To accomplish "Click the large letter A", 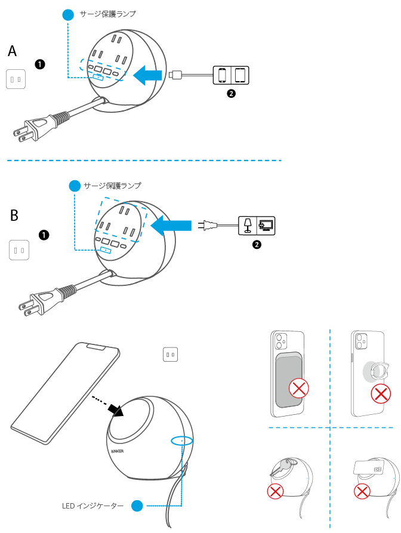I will point(13,52).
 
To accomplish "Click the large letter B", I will point(15,215).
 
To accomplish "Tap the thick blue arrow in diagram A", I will point(147,75).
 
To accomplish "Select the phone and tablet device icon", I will point(232,75).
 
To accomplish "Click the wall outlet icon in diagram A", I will point(16,79).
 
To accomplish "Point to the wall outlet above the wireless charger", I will point(171,355).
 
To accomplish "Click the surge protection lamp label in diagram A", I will point(108,14).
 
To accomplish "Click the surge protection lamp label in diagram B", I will point(113,186).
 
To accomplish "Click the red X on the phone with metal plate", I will point(298,389).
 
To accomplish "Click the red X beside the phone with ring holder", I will point(381,394).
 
